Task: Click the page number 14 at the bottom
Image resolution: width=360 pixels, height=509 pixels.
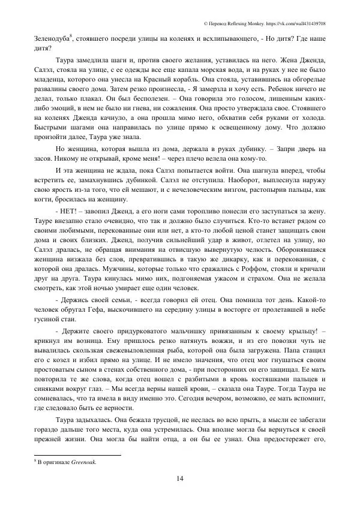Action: point(180,477)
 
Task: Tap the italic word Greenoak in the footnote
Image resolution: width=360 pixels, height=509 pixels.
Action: point(85,463)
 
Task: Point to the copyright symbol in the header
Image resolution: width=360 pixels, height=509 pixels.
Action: point(206,23)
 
